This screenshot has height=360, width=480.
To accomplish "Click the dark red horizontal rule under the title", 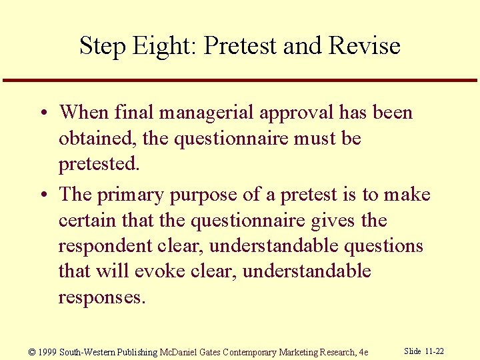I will click(240, 81).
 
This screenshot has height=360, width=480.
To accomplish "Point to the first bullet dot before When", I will click(41, 113).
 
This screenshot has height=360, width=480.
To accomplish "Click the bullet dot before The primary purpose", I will click(41, 195).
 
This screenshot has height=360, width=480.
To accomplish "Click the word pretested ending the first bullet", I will click(97, 163).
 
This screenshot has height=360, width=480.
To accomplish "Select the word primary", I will click(131, 195).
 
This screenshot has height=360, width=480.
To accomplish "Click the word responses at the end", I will click(100, 296).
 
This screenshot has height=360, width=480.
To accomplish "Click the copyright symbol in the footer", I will click(33, 352).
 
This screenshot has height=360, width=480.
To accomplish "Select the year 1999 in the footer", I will click(47, 352).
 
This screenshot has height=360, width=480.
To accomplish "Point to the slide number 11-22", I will click(433, 351).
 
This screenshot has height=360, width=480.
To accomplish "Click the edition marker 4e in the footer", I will click(363, 352).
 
